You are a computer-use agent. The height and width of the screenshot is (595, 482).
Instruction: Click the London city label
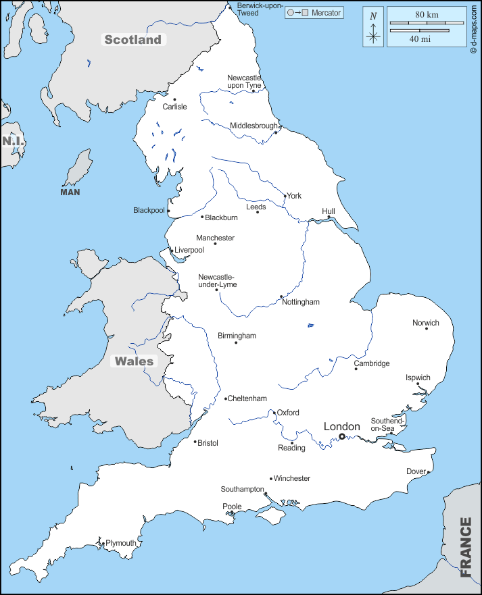point(341,426)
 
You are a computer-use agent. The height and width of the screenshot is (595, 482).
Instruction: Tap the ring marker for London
point(342,437)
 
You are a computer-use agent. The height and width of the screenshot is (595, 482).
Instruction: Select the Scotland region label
point(133,40)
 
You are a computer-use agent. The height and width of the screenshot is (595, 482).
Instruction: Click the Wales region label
point(134,361)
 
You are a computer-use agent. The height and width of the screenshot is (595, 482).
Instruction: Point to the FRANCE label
point(466,547)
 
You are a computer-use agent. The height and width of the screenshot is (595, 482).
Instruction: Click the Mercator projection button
point(314,13)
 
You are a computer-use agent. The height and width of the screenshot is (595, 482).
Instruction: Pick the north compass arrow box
point(373,27)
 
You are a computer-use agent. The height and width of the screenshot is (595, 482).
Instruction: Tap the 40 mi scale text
point(420,38)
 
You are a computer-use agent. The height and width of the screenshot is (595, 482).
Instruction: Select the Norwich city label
point(426,323)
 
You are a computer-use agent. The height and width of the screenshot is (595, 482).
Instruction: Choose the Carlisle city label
point(175,107)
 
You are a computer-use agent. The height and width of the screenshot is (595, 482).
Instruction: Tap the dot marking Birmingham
point(236,343)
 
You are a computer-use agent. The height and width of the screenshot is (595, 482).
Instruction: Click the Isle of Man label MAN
point(70,192)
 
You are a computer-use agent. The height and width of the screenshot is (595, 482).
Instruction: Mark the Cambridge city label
point(372,363)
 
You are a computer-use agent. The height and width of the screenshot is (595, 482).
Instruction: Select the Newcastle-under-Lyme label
point(217,281)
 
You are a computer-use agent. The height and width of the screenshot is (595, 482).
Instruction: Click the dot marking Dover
point(429,472)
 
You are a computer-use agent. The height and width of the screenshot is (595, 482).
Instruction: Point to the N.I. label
point(13,141)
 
